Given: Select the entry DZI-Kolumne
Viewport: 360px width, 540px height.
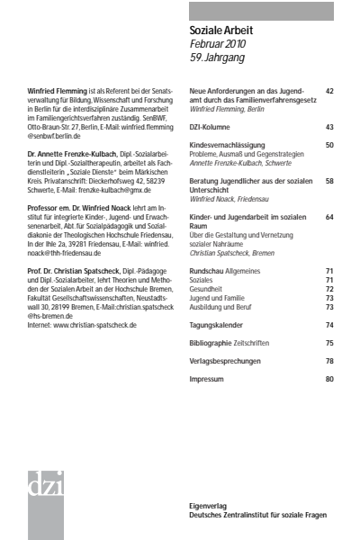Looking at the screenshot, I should coord(213,127).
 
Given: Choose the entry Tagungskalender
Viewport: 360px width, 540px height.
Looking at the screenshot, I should coord(220,324).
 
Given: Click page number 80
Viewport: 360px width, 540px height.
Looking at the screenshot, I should coord(329,380).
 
